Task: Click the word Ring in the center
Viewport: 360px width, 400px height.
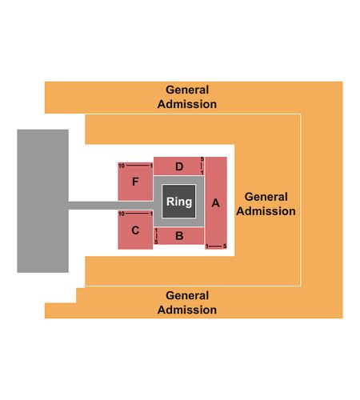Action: pyautogui.click(x=179, y=202)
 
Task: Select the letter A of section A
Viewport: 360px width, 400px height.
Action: pyautogui.click(x=215, y=203)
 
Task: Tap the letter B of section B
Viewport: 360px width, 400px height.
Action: pyautogui.click(x=179, y=236)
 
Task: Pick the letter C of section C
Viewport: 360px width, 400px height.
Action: pyautogui.click(x=135, y=230)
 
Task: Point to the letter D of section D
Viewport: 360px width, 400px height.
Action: pyautogui.click(x=179, y=166)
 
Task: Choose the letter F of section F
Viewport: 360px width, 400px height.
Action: pyautogui.click(x=135, y=182)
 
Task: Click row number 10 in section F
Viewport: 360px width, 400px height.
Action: pyautogui.click(x=122, y=166)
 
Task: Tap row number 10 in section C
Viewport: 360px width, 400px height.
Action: pyautogui.click(x=122, y=214)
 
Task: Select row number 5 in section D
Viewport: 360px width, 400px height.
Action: pyautogui.click(x=202, y=159)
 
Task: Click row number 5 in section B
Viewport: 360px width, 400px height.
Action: pyautogui.click(x=156, y=242)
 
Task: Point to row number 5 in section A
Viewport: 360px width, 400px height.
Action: pyautogui.click(x=225, y=246)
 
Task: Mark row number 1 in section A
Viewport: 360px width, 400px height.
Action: pyautogui.click(x=206, y=246)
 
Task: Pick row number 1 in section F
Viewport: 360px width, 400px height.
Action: pyautogui.click(x=151, y=166)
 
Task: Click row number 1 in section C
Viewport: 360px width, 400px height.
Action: pyautogui.click(x=151, y=214)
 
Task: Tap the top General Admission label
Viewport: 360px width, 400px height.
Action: pyautogui.click(x=187, y=97)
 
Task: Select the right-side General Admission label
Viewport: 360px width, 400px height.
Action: pyautogui.click(x=266, y=204)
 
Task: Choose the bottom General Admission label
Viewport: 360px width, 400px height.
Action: pyautogui.click(x=187, y=302)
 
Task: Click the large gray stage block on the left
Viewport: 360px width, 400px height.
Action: pyautogui.click(x=42, y=201)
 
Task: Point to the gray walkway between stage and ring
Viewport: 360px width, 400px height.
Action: pyautogui.click(x=111, y=206)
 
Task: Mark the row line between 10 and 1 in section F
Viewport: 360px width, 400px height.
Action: pyautogui.click(x=138, y=166)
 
